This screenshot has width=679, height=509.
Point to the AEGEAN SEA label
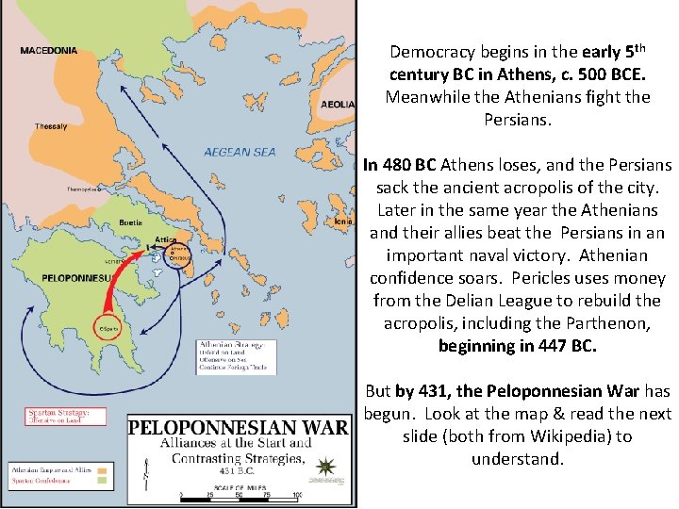(x=240, y=152)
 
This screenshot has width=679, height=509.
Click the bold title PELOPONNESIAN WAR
(x=237, y=426)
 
